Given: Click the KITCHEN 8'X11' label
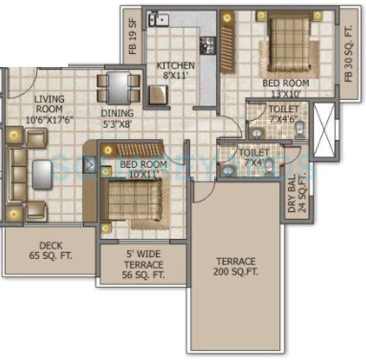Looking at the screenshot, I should (175, 70).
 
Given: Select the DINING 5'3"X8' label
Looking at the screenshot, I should (117, 118).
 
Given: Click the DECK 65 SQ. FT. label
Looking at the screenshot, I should (51, 250).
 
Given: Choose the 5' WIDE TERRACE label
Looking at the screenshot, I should (144, 264).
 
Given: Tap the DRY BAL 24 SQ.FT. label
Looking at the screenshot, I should (297, 195).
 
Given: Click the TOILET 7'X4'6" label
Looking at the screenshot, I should (283, 114).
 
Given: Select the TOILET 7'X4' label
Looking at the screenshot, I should (254, 157).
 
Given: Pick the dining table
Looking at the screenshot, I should (119, 87).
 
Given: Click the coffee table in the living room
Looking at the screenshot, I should (42, 174).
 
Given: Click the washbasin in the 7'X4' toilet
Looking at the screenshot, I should (227, 171).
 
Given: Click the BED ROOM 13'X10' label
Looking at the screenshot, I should (285, 87).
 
